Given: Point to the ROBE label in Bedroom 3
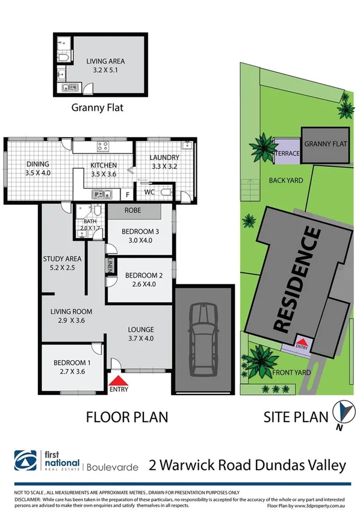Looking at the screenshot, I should pyautogui.click(x=132, y=211).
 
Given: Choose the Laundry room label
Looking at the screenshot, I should pyautogui.click(x=164, y=158).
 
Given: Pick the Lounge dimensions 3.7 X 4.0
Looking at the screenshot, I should pyautogui.click(x=141, y=339).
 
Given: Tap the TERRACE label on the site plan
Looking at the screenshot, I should pyautogui.click(x=287, y=154).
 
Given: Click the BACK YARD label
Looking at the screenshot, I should pyautogui.click(x=285, y=180).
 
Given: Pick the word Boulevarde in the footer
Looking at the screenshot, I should pyautogui.click(x=113, y=465).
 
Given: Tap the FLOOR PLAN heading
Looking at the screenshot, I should pyautogui.click(x=127, y=416).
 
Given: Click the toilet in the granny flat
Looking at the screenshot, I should pyautogui.click(x=64, y=57).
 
